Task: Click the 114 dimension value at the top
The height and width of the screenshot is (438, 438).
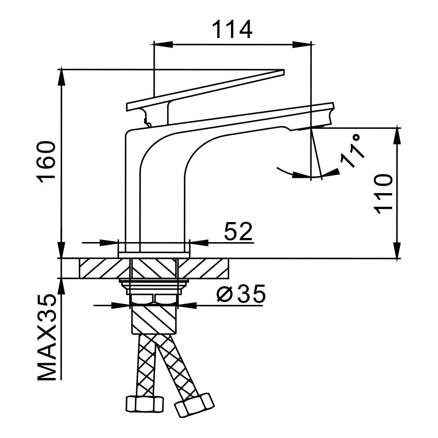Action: click(232, 30)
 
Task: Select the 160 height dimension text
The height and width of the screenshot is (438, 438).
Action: click(47, 162)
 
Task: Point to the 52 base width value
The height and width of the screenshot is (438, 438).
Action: click(239, 232)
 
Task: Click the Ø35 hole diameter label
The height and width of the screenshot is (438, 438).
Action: click(241, 295)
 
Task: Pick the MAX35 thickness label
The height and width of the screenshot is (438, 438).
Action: click(47, 337)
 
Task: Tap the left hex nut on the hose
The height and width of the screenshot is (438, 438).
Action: click(145, 403)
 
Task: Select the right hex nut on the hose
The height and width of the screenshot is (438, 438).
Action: click(194, 404)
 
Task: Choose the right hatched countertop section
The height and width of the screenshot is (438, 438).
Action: click(204, 268)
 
